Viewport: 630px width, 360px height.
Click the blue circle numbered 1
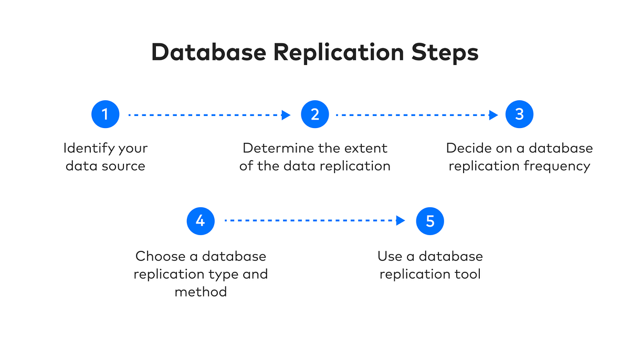tap(105, 114)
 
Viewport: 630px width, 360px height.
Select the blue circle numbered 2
tap(314, 114)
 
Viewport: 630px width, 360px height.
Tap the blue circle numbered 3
tap(519, 114)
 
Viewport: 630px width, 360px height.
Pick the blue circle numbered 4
tap(201, 221)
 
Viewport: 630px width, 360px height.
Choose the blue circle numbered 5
tap(430, 221)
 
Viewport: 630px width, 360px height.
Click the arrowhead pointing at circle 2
tap(286, 115)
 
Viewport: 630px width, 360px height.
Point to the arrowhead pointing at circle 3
tap(493, 115)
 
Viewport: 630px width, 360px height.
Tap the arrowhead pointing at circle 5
tap(401, 221)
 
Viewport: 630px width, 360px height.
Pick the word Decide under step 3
tap(467, 149)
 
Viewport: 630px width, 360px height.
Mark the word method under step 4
tap(201, 292)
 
